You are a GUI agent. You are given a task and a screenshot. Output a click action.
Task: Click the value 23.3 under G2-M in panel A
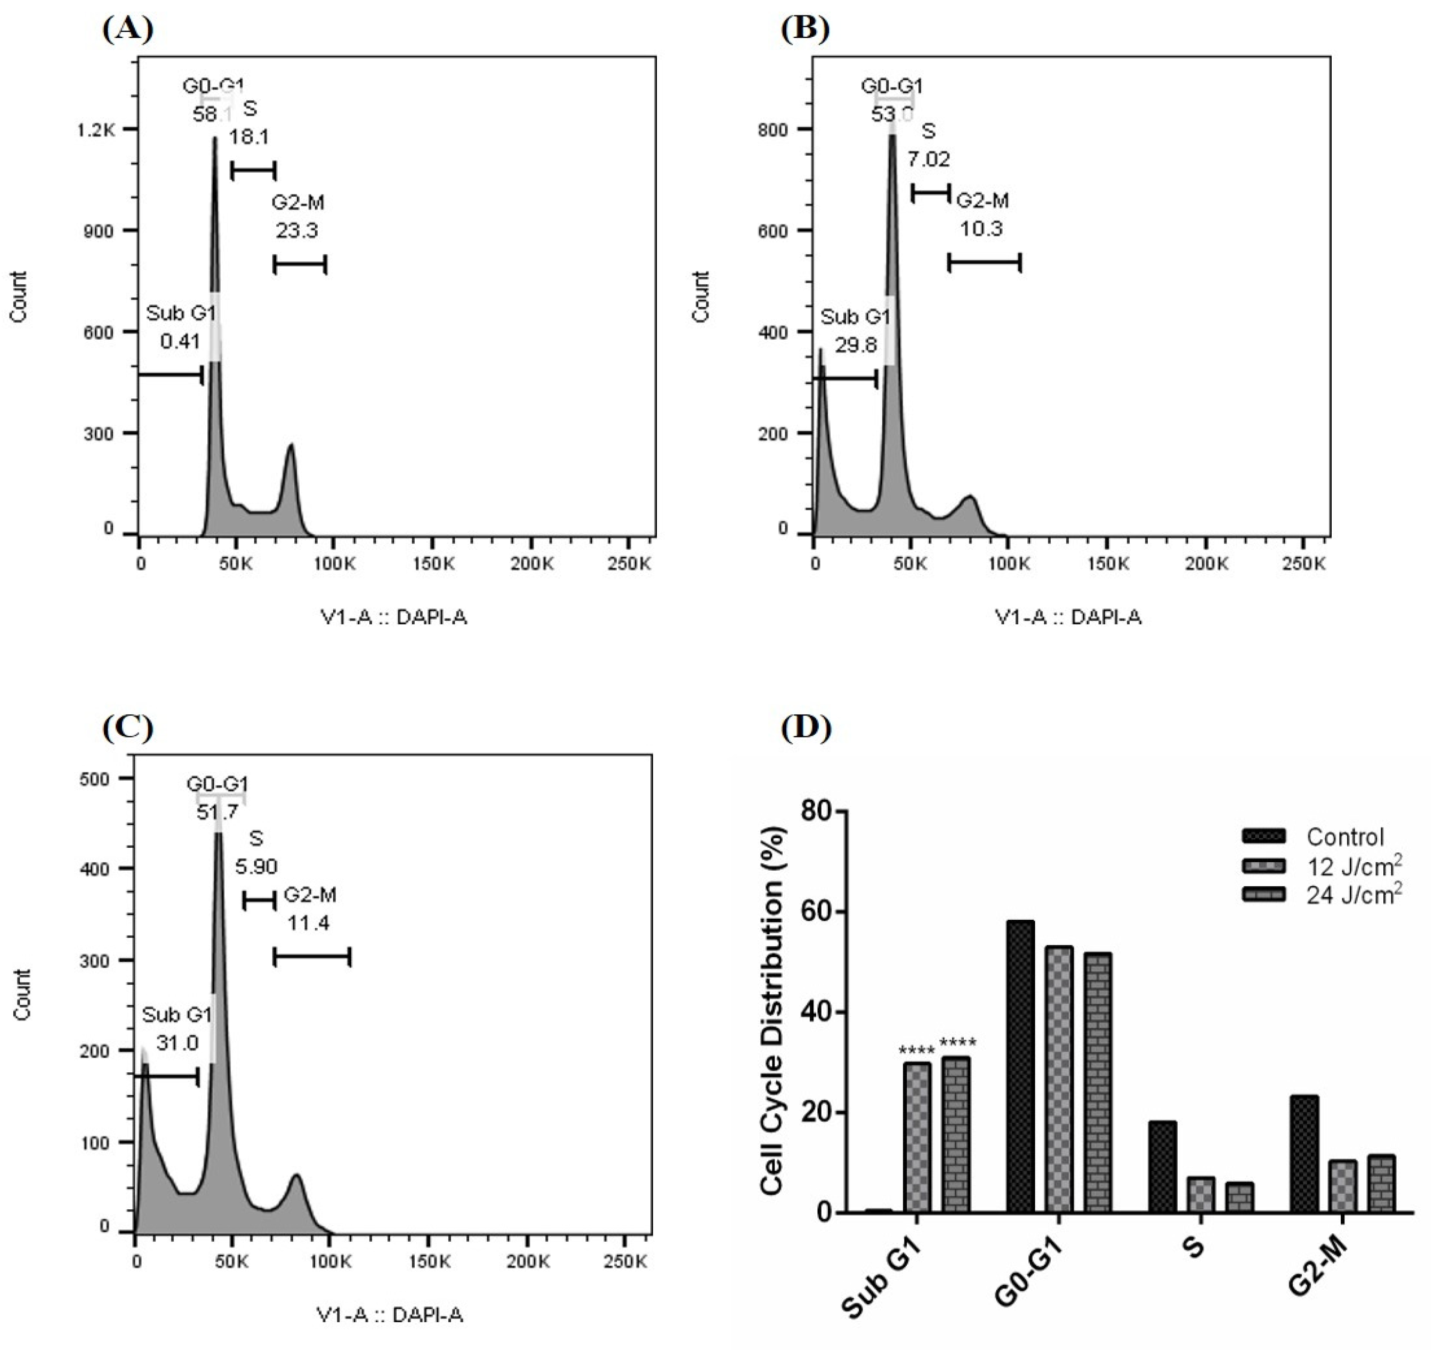[296, 231]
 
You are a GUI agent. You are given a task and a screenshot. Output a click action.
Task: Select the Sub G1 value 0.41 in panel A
[180, 341]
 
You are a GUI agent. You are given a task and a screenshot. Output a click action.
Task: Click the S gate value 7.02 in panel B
[928, 159]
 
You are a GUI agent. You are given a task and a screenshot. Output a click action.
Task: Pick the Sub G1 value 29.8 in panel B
[856, 345]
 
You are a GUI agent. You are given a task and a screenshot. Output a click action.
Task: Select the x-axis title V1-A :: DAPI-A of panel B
[1068, 617]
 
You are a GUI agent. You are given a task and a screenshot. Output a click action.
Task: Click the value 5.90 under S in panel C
[256, 866]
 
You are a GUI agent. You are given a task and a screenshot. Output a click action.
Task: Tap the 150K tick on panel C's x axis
[429, 1261]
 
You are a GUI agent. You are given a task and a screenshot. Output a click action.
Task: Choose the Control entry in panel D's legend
[1344, 837]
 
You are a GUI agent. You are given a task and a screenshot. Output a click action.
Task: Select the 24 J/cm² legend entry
[1353, 895]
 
